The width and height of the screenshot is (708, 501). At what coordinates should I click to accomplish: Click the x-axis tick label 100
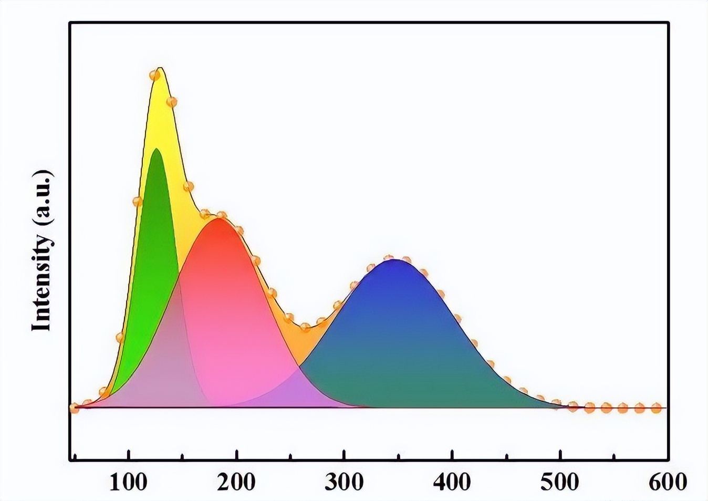point(129,481)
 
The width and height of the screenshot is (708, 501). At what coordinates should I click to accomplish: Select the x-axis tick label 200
point(236,481)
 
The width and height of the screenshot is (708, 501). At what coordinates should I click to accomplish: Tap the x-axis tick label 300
point(344,481)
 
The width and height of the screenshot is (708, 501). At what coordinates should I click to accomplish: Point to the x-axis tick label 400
point(452,481)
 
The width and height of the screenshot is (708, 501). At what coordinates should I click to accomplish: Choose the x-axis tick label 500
point(560,481)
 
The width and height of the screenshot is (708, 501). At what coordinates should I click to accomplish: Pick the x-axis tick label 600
point(668,481)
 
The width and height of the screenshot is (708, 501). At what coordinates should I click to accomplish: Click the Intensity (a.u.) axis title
point(42,250)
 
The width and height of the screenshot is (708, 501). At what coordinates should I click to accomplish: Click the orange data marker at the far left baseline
point(74,408)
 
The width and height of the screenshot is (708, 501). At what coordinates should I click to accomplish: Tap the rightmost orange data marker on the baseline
point(656,408)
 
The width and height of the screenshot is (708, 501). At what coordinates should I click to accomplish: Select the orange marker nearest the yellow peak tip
point(154,75)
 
